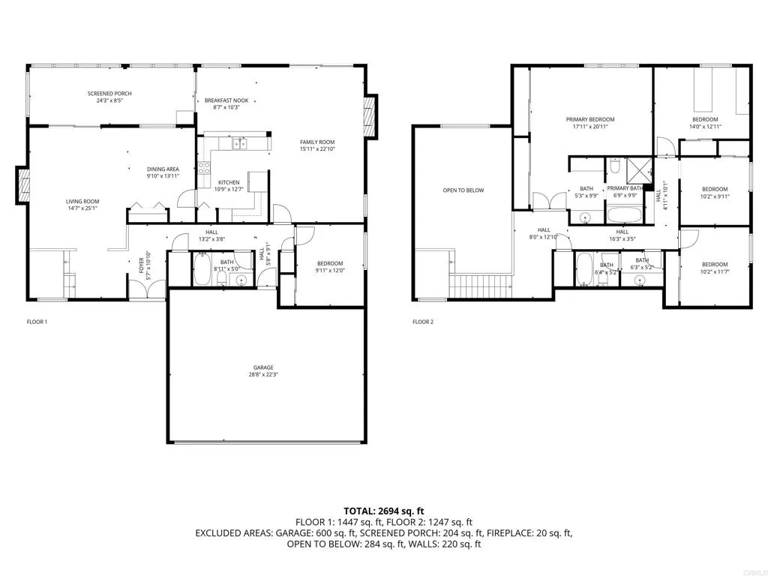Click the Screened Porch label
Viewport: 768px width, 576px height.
click(x=109, y=94)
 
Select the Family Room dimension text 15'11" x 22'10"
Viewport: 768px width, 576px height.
click(x=317, y=149)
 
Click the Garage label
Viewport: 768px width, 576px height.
click(x=262, y=367)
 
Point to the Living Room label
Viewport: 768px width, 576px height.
click(x=82, y=201)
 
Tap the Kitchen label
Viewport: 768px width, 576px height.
click(x=229, y=182)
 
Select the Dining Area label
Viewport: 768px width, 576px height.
click(x=163, y=169)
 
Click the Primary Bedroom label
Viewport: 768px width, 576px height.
click(x=590, y=119)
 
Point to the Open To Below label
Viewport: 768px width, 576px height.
click(x=463, y=190)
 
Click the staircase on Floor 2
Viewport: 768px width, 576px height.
click(x=481, y=285)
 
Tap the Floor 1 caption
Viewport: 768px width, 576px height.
click(x=37, y=322)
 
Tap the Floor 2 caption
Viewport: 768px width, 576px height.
click(x=423, y=322)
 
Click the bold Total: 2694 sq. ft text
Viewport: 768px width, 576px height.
click(x=383, y=511)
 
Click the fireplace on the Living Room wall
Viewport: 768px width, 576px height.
click(x=23, y=186)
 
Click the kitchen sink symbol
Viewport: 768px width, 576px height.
click(x=239, y=143)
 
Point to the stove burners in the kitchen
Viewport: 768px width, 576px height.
click(x=204, y=169)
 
